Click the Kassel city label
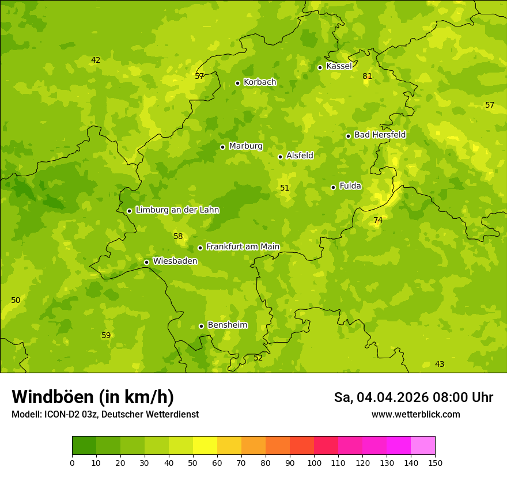click(339, 66)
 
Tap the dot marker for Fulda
click(333, 187)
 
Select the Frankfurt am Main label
click(243, 247)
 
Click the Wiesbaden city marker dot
click(146, 262)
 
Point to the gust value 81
click(368, 76)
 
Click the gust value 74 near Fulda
click(378, 220)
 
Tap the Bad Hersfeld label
click(380, 135)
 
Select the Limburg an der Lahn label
click(177, 210)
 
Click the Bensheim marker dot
click(201, 326)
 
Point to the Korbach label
click(260, 82)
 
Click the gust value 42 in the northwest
click(96, 60)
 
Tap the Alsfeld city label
click(300, 155)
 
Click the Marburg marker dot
click(222, 147)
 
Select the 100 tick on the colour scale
click(314, 462)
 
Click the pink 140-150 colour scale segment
click(423, 446)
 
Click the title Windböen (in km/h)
click(93, 397)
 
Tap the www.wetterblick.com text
click(415, 415)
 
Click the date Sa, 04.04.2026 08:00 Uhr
click(413, 397)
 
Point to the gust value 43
click(440, 364)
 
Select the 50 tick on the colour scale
click(193, 462)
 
